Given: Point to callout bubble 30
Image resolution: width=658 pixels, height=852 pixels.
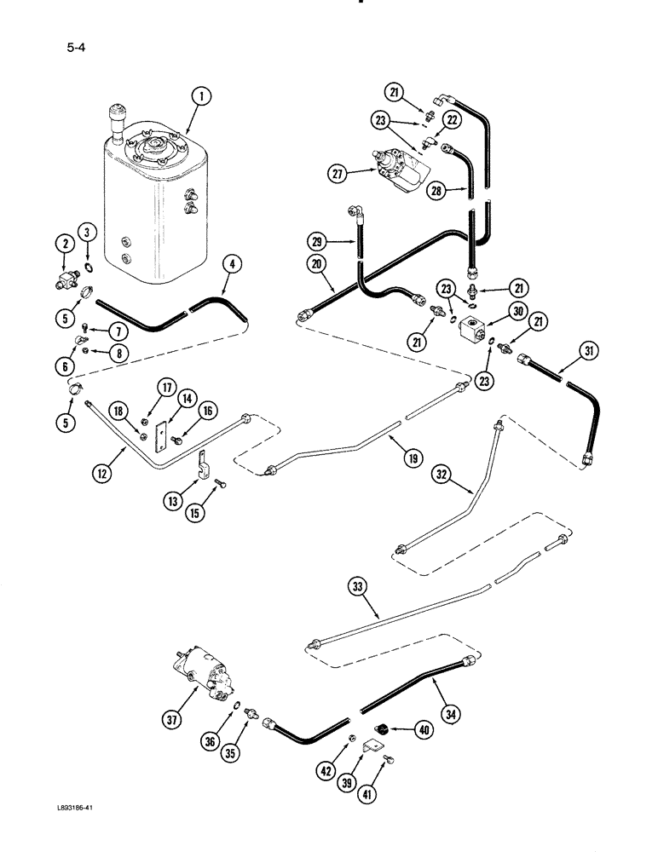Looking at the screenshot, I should [515, 314].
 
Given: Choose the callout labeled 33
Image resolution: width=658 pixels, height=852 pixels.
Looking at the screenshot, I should [356, 586].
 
